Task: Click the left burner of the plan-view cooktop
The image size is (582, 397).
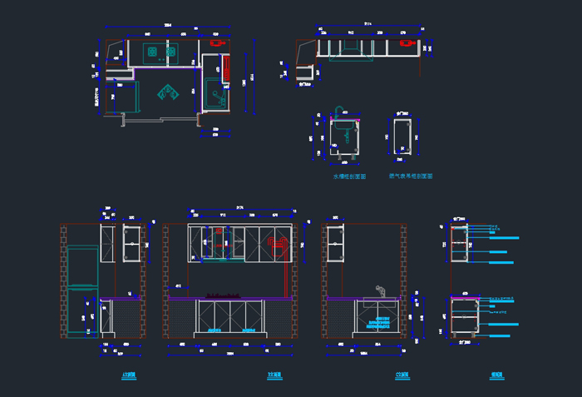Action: pyautogui.click(x=153, y=52)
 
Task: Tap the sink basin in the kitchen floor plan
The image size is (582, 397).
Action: pyautogui.click(x=216, y=93)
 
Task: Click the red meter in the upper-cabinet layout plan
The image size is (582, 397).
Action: pyautogui.click(x=407, y=41)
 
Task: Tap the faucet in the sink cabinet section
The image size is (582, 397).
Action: pyautogui.click(x=338, y=112)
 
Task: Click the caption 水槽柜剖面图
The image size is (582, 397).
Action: pyautogui.click(x=348, y=176)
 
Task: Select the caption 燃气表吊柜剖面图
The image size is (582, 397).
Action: pyautogui.click(x=411, y=176)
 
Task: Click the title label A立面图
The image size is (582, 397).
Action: pyautogui.click(x=128, y=375)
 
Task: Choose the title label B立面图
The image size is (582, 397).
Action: pyautogui.click(x=274, y=375)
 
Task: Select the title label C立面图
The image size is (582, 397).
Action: pyautogui.click(x=402, y=375)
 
